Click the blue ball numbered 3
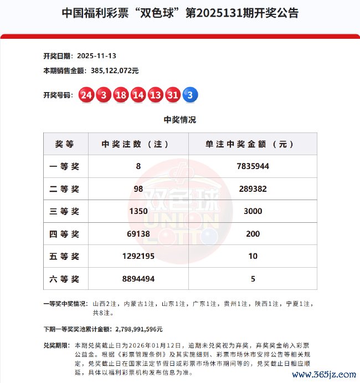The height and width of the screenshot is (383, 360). tap(190, 95)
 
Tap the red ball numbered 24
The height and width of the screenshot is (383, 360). tap(86, 95)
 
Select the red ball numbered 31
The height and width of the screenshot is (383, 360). tap(173, 95)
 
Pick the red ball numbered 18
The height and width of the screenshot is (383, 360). tap(121, 95)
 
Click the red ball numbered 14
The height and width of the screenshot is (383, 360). tap(138, 95)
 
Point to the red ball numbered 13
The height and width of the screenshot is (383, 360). tap(156, 95)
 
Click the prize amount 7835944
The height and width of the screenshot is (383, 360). tap(253, 166)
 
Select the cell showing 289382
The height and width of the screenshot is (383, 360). tap(253, 188)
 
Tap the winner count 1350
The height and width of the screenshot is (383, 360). tap(138, 211)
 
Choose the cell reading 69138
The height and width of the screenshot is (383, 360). tap(138, 234)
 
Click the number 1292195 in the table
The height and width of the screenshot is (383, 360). tap(138, 257)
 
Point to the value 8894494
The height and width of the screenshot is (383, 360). tap(138, 279)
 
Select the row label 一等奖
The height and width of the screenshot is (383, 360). tap(64, 166)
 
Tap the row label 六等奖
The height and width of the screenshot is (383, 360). tap(64, 279)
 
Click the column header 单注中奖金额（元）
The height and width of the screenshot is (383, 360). tap(253, 144)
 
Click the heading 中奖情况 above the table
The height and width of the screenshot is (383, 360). tap(180, 120)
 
